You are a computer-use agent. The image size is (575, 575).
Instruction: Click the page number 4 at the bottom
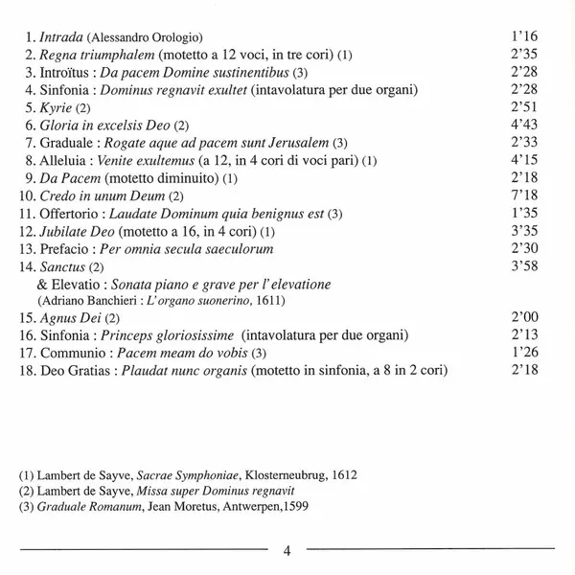[x=287, y=550]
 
